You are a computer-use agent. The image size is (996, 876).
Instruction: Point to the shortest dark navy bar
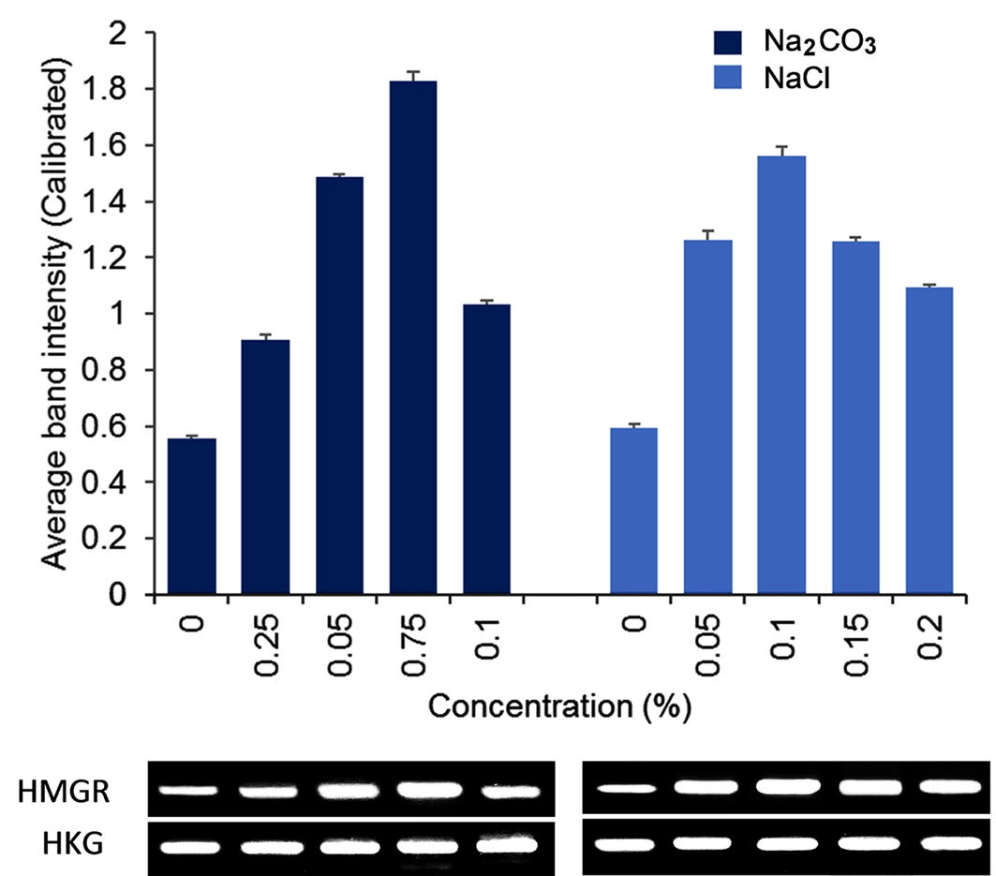tap(192, 516)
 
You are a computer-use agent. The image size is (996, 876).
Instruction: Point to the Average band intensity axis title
tap(59, 314)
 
